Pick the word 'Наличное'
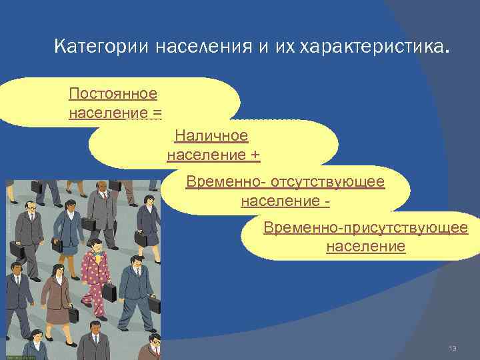coord(211,136)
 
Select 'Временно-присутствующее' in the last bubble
coord(365,228)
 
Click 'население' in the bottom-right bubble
coord(365,247)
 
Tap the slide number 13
coord(453,349)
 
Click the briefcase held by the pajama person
coord(108,292)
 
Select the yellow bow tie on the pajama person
coord(99,255)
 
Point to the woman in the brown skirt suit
coord(56,293)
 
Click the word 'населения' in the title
coord(204,47)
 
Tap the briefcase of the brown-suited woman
coord(73,314)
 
